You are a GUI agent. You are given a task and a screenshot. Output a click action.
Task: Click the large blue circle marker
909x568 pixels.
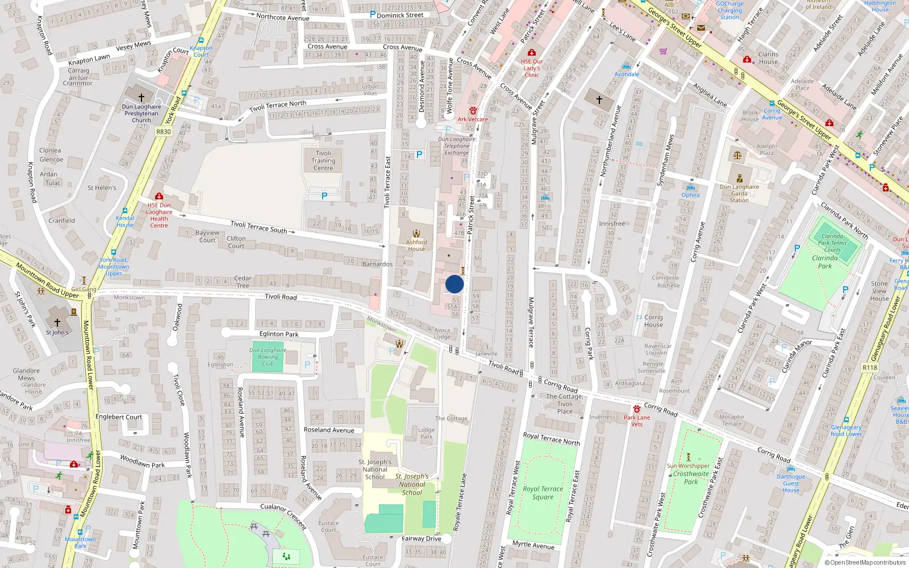[454, 284]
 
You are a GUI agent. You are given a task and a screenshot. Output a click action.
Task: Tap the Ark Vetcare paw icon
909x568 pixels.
[473, 110]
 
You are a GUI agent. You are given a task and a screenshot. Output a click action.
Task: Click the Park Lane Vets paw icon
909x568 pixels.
[637, 409]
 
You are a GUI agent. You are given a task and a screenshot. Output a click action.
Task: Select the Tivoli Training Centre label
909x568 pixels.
[323, 161]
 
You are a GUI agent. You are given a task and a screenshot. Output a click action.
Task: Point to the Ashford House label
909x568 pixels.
[416, 245]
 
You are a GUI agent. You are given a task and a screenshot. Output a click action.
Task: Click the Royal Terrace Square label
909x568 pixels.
[543, 492]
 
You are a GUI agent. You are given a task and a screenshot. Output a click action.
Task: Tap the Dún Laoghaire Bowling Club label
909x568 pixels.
[268, 357]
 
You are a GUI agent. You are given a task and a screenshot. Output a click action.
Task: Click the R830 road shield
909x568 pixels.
[163, 132]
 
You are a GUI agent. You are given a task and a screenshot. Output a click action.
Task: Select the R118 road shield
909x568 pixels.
[870, 367]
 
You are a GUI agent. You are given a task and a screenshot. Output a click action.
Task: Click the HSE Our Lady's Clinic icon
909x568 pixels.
[532, 52]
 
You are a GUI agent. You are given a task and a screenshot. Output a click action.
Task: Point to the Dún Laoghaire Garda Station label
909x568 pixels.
[739, 193]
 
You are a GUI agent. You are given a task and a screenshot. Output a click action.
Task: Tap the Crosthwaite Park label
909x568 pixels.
[691, 477]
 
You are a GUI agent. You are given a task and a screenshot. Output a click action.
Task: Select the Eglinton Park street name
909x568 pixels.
[279, 334]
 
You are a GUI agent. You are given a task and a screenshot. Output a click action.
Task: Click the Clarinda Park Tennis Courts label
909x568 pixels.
[832, 243]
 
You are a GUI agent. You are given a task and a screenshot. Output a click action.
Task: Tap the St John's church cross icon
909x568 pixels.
[57, 322]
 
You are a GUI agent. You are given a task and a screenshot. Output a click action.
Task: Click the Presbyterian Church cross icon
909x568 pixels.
[141, 98]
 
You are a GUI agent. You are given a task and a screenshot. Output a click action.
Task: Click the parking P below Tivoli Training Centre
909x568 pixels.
[324, 196]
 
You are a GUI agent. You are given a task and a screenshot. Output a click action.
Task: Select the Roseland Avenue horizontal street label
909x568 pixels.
[329, 430]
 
